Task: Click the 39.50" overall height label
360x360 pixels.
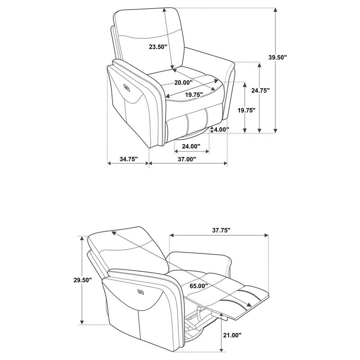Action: coord(278,58)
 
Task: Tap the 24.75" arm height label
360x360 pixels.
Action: coord(260,91)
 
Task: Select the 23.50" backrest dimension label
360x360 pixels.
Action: coord(158,47)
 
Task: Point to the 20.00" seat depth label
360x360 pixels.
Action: coord(183,82)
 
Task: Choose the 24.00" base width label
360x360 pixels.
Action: coord(191,146)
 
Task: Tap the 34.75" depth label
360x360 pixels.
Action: coord(129,159)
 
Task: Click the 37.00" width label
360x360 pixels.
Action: coord(187,159)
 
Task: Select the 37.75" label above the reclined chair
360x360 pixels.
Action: coord(221,230)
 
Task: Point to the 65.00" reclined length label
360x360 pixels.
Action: coord(199,286)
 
